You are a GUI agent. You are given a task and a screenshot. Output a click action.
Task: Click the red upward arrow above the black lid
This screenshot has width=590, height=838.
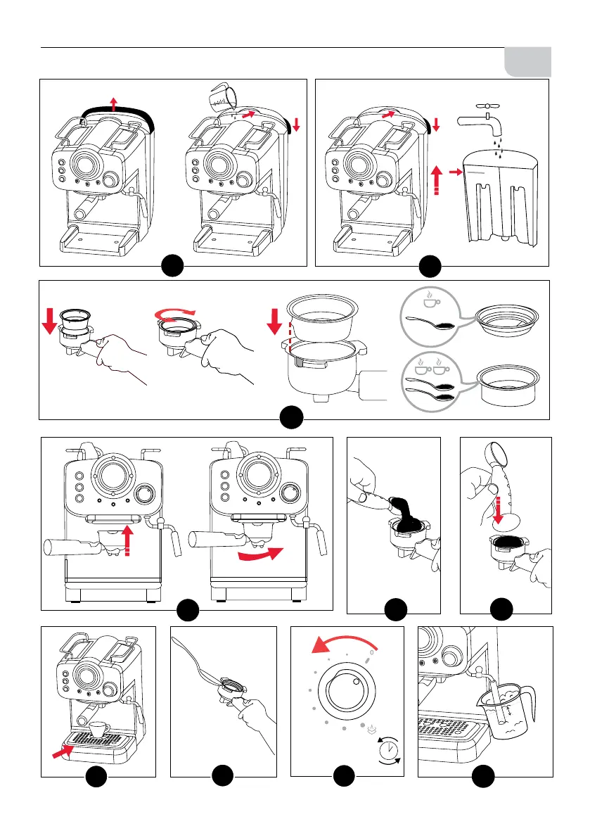(x=113, y=95)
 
